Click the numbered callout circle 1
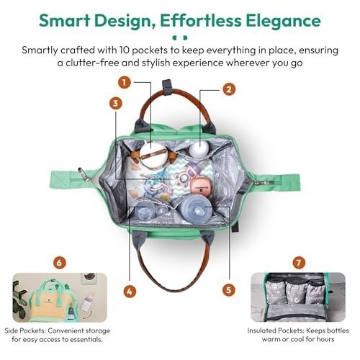pos(124,83)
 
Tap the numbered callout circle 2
pos(229,89)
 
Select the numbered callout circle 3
pos(116,104)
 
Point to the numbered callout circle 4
pos(130,292)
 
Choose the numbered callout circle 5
pos(229,289)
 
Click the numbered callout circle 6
pos(59,263)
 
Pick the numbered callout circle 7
pos(299,262)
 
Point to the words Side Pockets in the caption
pos(24,330)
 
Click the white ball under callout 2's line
pos(199,148)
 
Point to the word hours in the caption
pos(325,339)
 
